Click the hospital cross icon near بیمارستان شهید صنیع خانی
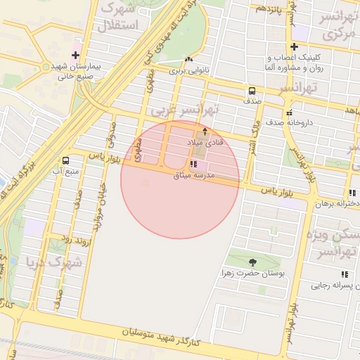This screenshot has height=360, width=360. [x=75, y=55]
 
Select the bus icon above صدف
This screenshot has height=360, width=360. [x=252, y=91]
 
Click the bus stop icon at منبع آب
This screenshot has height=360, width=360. [x=65, y=160]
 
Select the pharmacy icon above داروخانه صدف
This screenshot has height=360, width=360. [x=289, y=112]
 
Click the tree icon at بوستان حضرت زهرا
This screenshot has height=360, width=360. [x=252, y=262]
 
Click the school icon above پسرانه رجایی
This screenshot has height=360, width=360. [x=345, y=274]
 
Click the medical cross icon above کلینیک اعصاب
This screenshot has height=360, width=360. [x=294, y=46]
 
